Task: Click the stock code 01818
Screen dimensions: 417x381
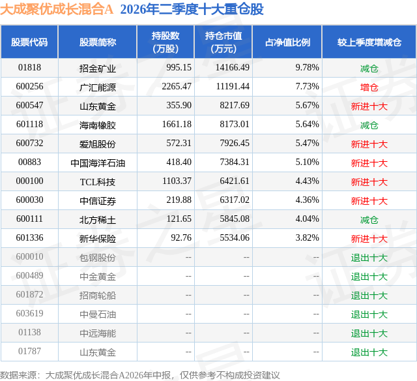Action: tap(29, 68)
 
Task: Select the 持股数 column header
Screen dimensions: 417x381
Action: tap(165, 42)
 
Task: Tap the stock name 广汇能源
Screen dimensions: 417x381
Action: tap(98, 87)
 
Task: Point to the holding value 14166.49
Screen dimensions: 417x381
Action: tap(233, 68)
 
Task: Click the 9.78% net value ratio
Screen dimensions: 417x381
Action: tap(307, 68)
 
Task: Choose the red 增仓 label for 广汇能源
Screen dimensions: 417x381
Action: tap(369, 87)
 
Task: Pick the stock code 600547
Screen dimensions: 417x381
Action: tap(29, 106)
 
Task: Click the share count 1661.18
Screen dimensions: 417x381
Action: tap(177, 125)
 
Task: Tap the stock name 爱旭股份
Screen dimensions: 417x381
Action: tap(98, 144)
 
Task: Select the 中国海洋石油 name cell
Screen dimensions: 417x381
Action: tap(98, 162)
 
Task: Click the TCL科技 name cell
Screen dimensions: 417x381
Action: tap(98, 181)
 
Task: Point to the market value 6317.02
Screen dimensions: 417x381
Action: tap(235, 200)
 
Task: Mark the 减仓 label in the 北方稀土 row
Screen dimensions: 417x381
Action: tap(369, 219)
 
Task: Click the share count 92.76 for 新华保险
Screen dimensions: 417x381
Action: tap(181, 237)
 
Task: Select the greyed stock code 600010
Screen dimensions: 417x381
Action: tap(29, 256)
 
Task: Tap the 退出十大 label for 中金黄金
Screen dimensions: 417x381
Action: tap(369, 277)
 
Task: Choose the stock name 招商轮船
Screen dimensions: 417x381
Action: tap(98, 296)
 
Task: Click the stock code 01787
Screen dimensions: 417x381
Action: tap(29, 351)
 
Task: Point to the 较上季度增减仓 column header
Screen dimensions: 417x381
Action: tap(369, 42)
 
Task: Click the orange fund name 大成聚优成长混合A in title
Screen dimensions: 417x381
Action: tap(57, 9)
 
